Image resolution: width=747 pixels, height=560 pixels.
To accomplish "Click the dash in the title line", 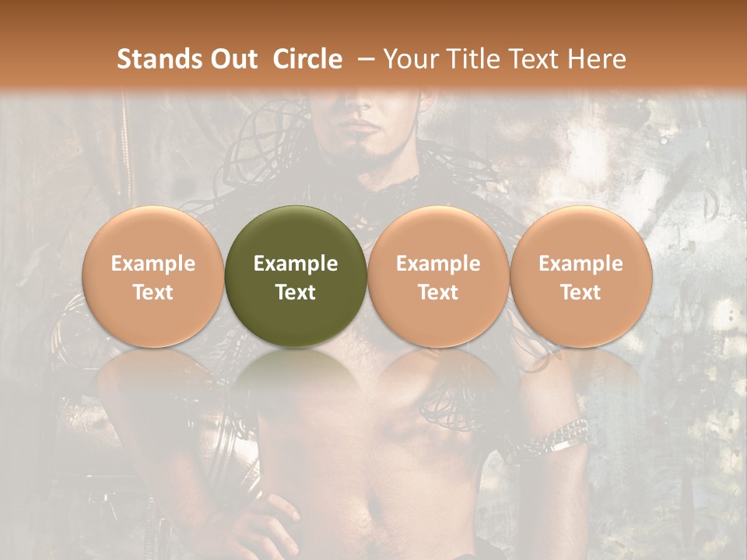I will (x=362, y=59).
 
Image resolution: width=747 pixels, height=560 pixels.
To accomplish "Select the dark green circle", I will (x=296, y=276).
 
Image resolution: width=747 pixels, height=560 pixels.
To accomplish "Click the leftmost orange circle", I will (x=153, y=276).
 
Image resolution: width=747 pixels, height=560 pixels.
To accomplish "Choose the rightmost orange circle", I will (x=580, y=276).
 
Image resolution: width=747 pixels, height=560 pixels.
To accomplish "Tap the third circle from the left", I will (x=438, y=276).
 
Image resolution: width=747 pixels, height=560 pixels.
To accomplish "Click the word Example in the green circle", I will (x=296, y=264).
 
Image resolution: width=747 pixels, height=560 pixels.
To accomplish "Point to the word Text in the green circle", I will (x=296, y=292).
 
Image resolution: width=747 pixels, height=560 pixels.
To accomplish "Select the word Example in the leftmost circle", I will (x=153, y=264).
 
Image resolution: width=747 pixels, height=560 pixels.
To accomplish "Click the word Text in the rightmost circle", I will (x=580, y=292).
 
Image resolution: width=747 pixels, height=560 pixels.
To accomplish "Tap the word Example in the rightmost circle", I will (x=580, y=264).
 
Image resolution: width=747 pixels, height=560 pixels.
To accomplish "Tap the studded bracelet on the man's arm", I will (x=562, y=438).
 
